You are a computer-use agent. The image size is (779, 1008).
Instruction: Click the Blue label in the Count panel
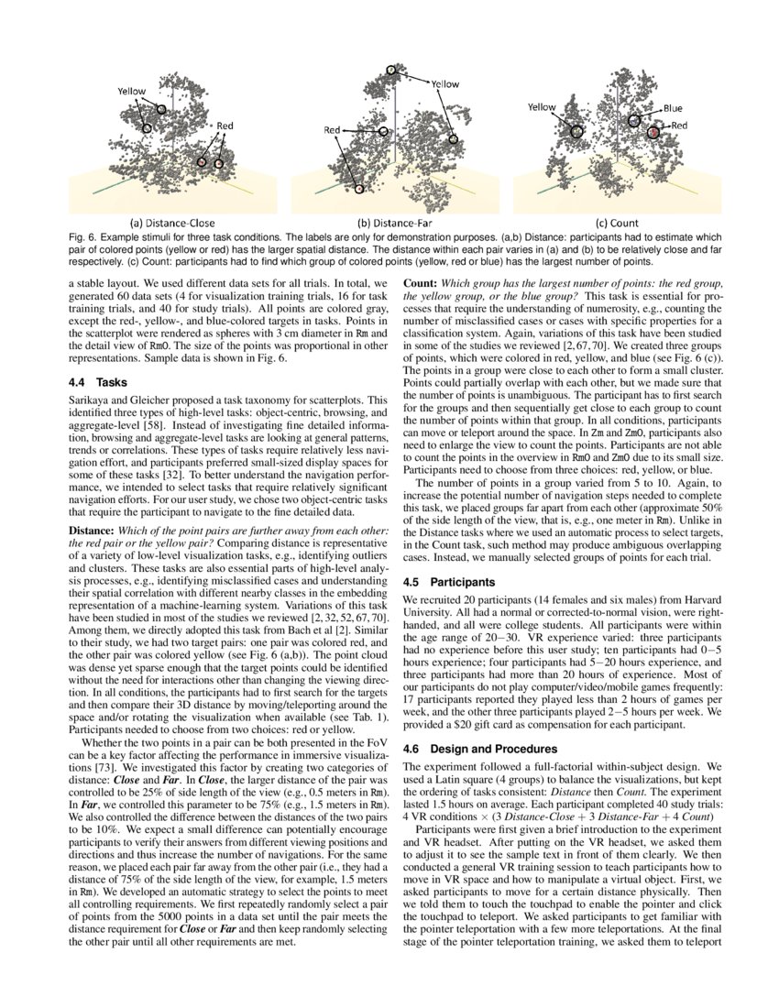point(673,108)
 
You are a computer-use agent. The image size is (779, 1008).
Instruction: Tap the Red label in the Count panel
point(679,125)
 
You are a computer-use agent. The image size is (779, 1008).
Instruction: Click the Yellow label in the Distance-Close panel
point(132,92)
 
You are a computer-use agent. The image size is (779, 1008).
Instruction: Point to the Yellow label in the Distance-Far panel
point(444,84)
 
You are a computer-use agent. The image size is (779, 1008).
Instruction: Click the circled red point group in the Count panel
point(653,134)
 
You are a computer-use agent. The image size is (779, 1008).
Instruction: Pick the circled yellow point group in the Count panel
point(576,131)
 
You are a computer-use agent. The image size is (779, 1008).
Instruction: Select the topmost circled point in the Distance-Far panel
point(391,71)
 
